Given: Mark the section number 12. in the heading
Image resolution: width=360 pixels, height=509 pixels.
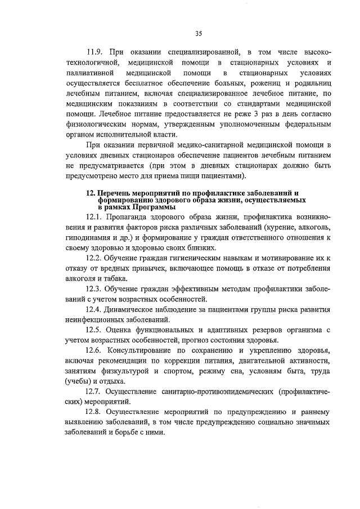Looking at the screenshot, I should pos(91,193).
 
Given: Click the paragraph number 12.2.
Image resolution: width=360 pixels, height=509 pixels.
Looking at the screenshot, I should pos(94,258).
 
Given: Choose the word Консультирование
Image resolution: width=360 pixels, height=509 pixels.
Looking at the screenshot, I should pos(144,350).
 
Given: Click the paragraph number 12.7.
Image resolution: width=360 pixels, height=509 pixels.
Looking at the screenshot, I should pos(94,390).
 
